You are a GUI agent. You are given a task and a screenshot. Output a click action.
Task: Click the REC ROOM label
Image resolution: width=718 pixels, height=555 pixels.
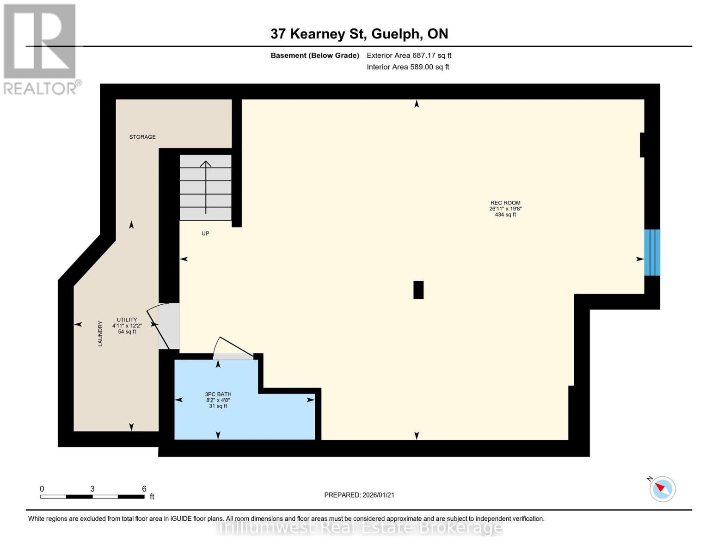[505, 203]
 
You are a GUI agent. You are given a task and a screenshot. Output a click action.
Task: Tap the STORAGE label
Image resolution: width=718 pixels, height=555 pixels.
[142, 137]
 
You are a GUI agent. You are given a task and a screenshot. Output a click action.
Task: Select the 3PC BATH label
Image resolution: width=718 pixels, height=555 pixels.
[218, 394]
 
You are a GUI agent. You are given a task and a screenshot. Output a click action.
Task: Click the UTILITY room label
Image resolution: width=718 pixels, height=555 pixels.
[127, 320]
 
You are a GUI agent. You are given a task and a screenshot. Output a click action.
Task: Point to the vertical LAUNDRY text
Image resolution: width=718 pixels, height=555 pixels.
[100, 333]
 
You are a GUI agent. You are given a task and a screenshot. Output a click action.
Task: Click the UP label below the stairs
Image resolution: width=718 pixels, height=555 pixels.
[205, 234]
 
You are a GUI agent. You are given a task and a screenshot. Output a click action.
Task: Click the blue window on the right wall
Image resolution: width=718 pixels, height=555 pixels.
[652, 253]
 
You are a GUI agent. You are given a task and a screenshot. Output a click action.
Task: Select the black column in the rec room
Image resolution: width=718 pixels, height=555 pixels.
[418, 290]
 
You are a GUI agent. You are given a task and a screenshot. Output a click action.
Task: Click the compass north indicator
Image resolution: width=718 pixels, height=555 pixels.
[662, 488]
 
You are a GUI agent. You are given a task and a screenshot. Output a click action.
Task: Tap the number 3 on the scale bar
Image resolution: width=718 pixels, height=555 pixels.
[92, 489]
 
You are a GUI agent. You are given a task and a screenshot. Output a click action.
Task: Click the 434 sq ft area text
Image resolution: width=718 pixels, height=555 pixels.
[505, 215]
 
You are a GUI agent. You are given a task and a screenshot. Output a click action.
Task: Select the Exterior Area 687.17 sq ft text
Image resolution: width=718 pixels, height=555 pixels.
[409, 55]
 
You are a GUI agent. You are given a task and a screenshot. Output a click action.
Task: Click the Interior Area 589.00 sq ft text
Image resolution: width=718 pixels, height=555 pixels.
[408, 67]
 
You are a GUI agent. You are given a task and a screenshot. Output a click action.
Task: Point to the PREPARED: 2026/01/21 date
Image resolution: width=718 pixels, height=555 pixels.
[359, 495]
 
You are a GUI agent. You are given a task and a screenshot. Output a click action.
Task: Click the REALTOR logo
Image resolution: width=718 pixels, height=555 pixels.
[41, 49]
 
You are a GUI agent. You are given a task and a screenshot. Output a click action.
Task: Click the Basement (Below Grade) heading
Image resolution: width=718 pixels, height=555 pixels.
[314, 55]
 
